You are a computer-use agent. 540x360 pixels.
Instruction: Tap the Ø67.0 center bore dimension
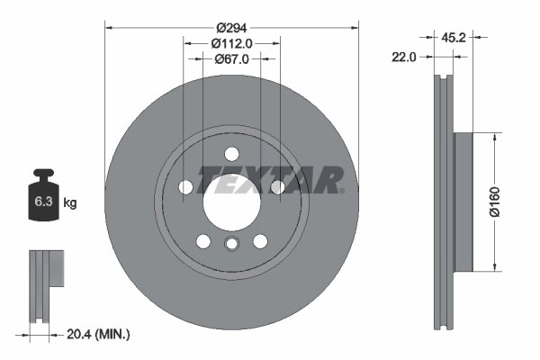pyautogui.click(x=232, y=58)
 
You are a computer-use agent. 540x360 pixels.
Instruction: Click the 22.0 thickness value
pyautogui.click(x=404, y=57)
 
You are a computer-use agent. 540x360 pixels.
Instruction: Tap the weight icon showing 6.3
pyautogui.click(x=43, y=200)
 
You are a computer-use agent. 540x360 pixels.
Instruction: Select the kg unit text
pyautogui.click(x=70, y=203)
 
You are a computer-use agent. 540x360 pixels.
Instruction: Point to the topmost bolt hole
pyautogui.click(x=231, y=152)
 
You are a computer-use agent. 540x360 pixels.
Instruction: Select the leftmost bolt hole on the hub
pyautogui.click(x=186, y=187)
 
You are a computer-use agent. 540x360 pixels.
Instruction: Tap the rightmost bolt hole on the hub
pyautogui.click(x=277, y=187)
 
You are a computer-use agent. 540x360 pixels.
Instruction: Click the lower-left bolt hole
pyautogui.click(x=203, y=241)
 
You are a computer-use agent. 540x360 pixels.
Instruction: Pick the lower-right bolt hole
pyautogui.click(x=260, y=241)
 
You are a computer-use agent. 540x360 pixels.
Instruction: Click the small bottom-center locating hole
pyautogui.click(x=231, y=247)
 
